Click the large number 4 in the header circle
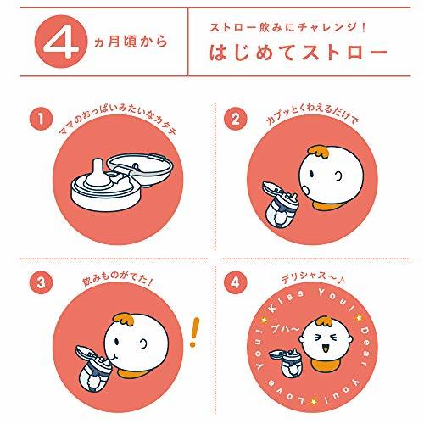point(62,42)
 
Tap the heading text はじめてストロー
point(298,53)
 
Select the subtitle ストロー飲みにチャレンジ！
point(288,28)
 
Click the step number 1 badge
point(41,119)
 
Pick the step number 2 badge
point(236,119)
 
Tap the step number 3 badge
point(41,282)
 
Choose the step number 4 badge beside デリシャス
point(236,282)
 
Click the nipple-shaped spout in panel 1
point(97,173)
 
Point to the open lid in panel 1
point(140,170)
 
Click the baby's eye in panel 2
point(311,174)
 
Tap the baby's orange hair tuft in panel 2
point(320,152)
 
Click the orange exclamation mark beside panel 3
point(194,332)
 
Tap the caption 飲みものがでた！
point(117,279)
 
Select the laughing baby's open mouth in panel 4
point(326,349)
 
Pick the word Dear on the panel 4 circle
point(365,346)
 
